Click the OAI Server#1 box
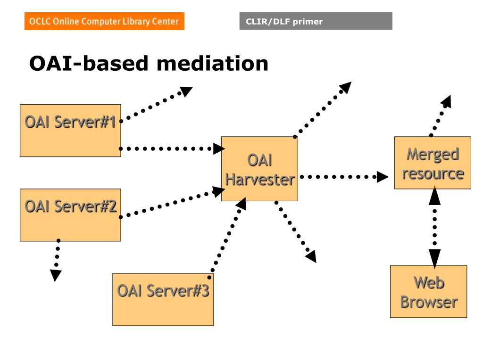pos(70,131)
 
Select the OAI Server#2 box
pos(70,215)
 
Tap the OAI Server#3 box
pos(163,299)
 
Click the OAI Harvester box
pos(260,169)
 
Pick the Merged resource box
pos(433,163)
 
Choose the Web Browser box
pos(428,291)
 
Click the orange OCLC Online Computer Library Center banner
pos(104,21)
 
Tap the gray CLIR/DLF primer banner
pos(316,21)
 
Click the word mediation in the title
pos(213,64)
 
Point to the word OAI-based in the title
pos(89,64)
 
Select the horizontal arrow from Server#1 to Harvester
pos(172,148)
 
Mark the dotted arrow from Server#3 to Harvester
pos(227,238)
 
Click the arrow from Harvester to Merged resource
pos(344,177)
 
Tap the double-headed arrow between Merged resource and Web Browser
pos(434,227)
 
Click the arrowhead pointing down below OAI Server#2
pos(56,275)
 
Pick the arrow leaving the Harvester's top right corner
pos(323,109)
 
